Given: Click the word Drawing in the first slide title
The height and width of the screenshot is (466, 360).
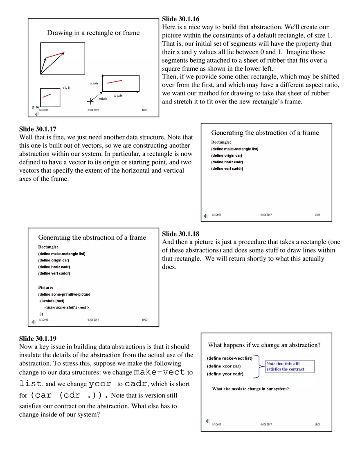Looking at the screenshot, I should pos(57,33).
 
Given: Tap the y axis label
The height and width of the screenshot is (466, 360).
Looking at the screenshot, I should pos(94,83).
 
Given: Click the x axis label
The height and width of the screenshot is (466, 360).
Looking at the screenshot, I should pos(118,95).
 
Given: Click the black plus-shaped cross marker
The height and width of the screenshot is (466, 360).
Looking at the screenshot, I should pos(90,101).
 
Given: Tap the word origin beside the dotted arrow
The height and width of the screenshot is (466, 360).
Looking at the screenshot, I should pos(103,99).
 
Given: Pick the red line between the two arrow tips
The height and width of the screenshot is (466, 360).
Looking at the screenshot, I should pos(55,55).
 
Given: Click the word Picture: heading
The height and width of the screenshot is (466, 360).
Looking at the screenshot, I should pos(46,288).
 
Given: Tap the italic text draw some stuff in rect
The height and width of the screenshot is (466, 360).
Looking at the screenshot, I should pos(67,307).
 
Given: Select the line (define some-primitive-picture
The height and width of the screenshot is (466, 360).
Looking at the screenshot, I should pos(64,294).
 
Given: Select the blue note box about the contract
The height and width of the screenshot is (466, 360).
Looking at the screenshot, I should pos(290,366).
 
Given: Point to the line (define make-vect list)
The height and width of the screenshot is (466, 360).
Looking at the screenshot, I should pos(229,358).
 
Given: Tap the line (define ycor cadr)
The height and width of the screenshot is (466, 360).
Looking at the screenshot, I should pos(225,374).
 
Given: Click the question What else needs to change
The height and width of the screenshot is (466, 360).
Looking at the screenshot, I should pos(250,389).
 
